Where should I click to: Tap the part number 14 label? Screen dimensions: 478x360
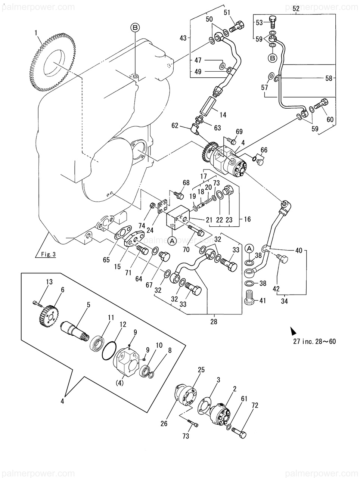(x=223, y=115)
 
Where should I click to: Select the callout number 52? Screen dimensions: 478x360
(x=296, y=9)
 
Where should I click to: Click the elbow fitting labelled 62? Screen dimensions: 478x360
(x=194, y=128)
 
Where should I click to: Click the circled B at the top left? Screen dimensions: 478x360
(x=135, y=27)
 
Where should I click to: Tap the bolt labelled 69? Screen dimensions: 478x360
(x=232, y=141)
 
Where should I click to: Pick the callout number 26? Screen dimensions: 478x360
(x=164, y=423)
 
